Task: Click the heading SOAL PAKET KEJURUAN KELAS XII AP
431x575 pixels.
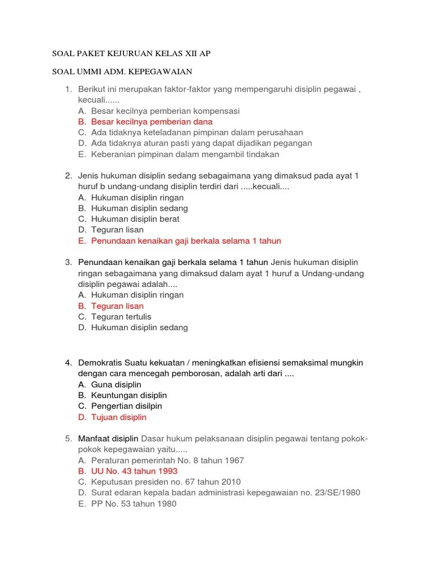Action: (131, 54)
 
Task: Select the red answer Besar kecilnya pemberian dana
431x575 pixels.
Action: (152, 122)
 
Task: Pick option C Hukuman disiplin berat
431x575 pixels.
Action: (135, 220)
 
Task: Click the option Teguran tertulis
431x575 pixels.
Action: (121, 317)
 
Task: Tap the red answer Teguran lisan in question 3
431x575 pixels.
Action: (117, 306)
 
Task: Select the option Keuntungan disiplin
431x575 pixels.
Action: (129, 395)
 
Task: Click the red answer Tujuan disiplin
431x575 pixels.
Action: (118, 417)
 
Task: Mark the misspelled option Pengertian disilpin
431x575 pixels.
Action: (126, 406)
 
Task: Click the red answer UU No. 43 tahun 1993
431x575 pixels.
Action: (134, 471)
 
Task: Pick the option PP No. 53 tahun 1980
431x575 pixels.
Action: (134, 504)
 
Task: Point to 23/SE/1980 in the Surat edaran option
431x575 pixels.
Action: (334, 493)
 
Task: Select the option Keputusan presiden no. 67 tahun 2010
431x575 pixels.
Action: (166, 482)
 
